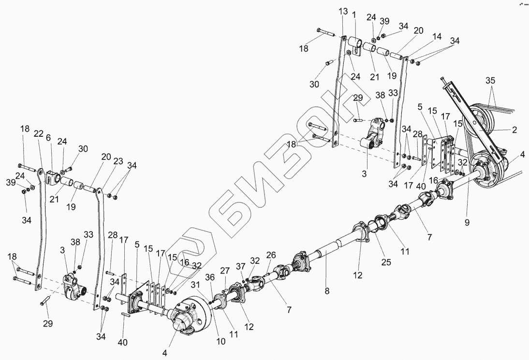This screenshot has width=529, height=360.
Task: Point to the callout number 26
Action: pyautogui.click(x=270, y=254)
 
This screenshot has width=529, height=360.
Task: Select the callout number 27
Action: pyautogui.click(x=225, y=270)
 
